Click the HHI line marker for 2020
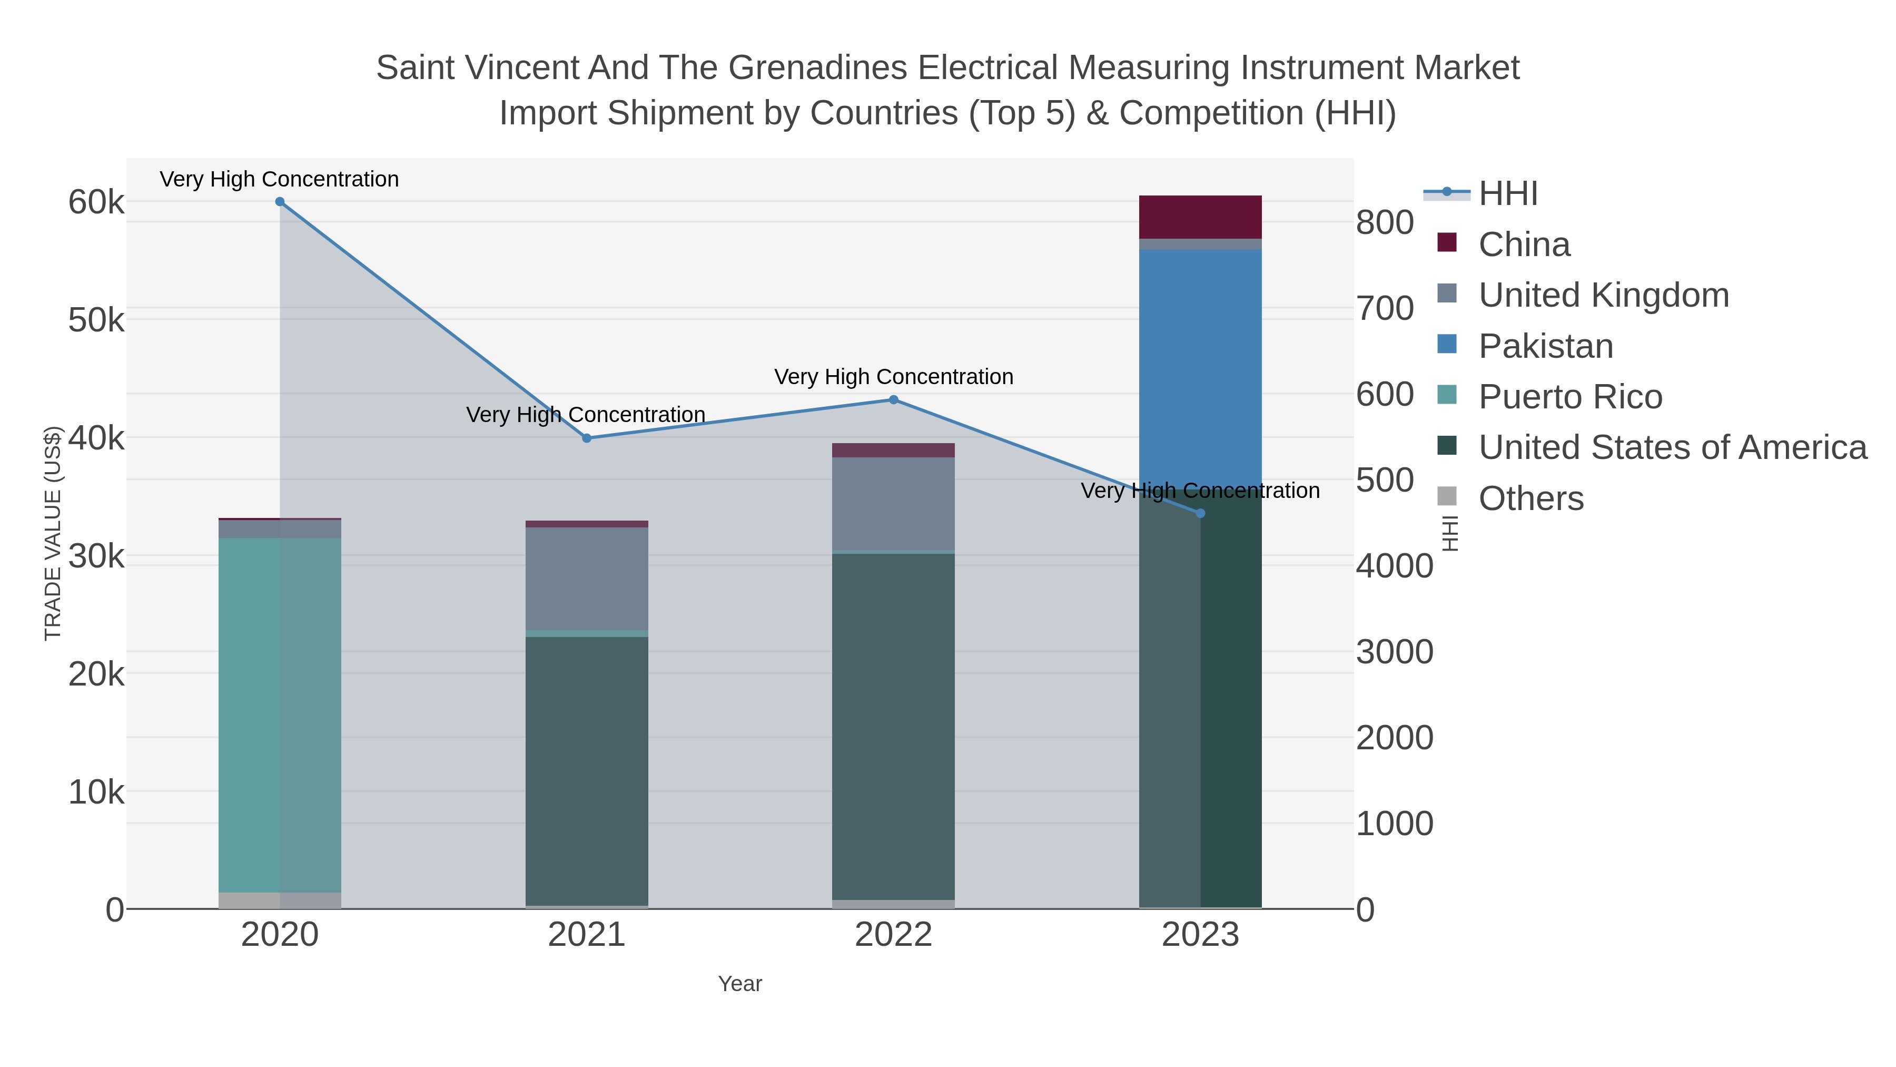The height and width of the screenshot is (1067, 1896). tap(280, 202)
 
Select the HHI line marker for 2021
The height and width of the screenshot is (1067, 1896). tap(587, 438)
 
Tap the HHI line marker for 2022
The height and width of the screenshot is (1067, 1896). tap(894, 400)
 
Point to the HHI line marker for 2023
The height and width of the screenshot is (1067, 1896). tap(1200, 513)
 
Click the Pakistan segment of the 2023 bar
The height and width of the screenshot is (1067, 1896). tap(1200, 368)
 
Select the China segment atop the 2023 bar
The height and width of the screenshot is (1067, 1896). tap(1200, 217)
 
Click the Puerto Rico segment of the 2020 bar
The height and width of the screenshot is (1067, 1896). tap(280, 714)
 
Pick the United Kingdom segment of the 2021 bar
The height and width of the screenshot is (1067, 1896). tap(587, 579)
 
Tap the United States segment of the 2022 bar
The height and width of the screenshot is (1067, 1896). tap(894, 726)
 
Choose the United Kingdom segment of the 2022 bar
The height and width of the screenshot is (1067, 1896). tap(894, 504)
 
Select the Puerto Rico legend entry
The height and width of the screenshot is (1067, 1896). tap(1570, 397)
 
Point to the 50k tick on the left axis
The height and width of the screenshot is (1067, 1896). tap(96, 320)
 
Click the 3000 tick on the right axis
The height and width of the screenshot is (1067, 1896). tap(1394, 652)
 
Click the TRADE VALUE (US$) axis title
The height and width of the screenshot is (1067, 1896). tap(53, 533)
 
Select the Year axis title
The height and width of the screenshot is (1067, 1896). tap(740, 984)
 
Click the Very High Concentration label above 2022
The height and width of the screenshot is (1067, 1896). tap(894, 377)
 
